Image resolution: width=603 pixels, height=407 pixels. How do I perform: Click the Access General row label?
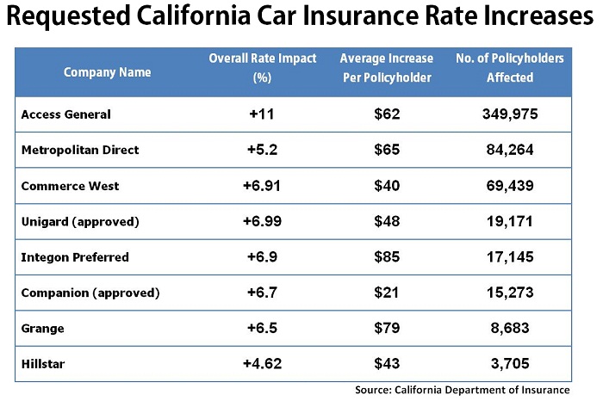65,114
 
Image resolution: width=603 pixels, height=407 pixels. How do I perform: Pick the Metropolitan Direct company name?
79,150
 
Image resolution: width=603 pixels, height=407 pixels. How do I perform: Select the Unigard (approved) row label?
79,221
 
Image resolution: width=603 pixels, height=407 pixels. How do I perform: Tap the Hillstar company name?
44,363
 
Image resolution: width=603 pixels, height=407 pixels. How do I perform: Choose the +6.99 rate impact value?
262,221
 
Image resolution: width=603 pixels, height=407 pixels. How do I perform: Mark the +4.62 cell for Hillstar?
262,363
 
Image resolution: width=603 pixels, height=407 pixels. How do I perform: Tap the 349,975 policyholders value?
509,114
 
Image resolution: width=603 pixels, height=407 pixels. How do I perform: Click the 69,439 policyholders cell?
509,185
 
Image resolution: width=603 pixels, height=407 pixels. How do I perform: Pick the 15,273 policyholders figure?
509,293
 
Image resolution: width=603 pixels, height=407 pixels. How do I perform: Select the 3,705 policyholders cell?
509,363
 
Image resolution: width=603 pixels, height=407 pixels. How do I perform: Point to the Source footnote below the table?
462,390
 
